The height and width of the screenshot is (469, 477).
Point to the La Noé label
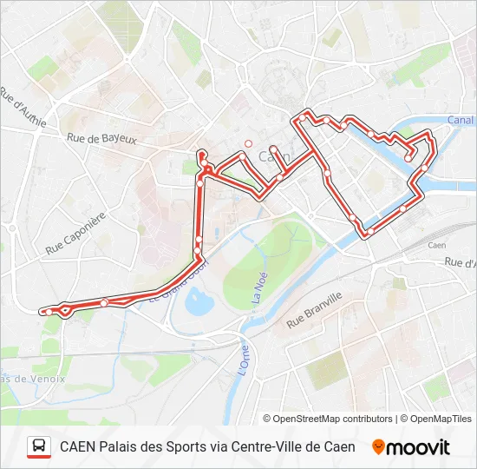point(257,285)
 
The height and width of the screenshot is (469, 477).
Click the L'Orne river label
point(245,360)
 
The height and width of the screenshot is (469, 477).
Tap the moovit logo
point(411,447)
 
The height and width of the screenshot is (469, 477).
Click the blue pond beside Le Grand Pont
point(199,303)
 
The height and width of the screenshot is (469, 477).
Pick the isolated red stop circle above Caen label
point(248,144)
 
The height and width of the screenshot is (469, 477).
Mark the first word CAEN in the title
point(77,446)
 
